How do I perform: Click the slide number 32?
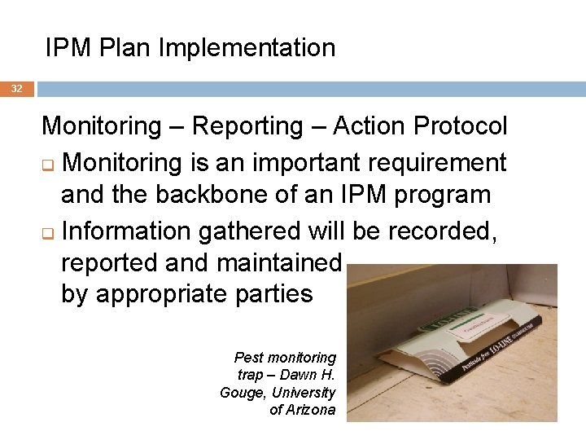(x=17, y=88)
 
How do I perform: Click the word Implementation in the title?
(x=247, y=48)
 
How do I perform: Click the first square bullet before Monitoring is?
(x=48, y=165)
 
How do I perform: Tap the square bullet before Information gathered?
(x=48, y=234)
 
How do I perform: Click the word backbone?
(x=214, y=196)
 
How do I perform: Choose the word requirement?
(x=428, y=162)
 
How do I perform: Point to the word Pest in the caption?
(x=249, y=358)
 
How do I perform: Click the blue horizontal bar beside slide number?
(x=310, y=88)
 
